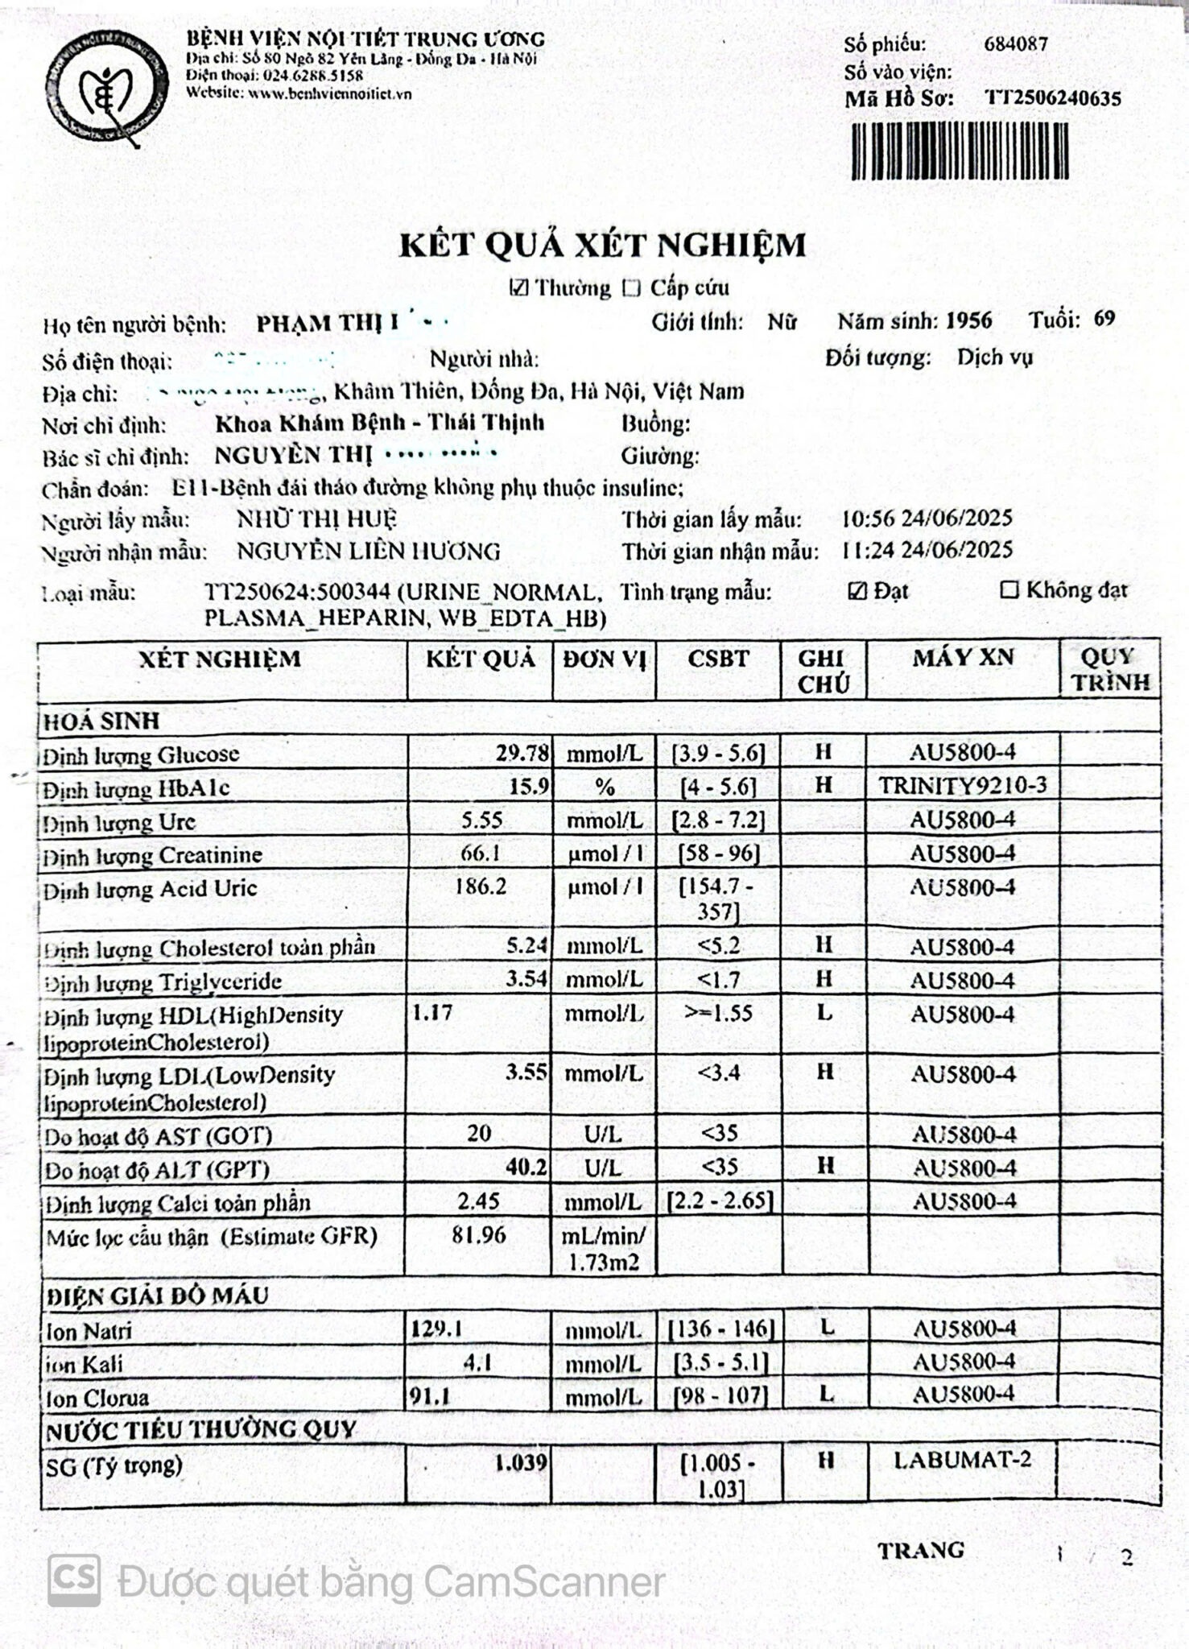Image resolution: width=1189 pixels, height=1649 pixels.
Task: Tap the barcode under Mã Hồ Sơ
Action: point(960,151)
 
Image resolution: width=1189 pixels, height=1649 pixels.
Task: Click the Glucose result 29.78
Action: point(522,754)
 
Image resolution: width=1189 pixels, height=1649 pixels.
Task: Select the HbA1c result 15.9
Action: point(529,787)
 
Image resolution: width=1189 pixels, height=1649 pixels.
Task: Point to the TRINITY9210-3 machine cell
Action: point(963,786)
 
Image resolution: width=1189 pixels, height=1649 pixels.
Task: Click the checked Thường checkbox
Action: point(519,288)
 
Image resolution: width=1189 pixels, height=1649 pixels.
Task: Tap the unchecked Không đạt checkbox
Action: point(1009,590)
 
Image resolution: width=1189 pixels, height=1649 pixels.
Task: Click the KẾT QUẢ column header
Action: point(481,659)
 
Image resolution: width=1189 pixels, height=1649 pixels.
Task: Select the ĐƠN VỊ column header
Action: point(605,659)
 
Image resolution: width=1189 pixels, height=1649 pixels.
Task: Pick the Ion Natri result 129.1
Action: point(436,1328)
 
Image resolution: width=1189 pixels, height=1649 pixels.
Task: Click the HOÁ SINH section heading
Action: point(101,721)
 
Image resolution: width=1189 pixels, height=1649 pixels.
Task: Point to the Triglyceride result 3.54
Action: point(527,979)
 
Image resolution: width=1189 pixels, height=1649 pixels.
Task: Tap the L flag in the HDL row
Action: point(824,1013)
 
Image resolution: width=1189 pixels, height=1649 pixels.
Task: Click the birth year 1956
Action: point(968,321)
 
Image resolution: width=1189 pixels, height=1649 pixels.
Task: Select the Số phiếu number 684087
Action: point(1016,44)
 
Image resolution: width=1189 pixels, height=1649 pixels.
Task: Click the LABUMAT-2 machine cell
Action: point(962,1459)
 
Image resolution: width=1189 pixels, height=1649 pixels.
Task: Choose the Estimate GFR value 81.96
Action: point(479,1234)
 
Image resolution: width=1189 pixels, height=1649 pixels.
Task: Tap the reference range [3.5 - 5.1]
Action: point(720,1362)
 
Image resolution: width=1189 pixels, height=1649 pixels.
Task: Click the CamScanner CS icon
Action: point(74,1581)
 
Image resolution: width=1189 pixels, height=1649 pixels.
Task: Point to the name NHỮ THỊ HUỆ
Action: point(316,519)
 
